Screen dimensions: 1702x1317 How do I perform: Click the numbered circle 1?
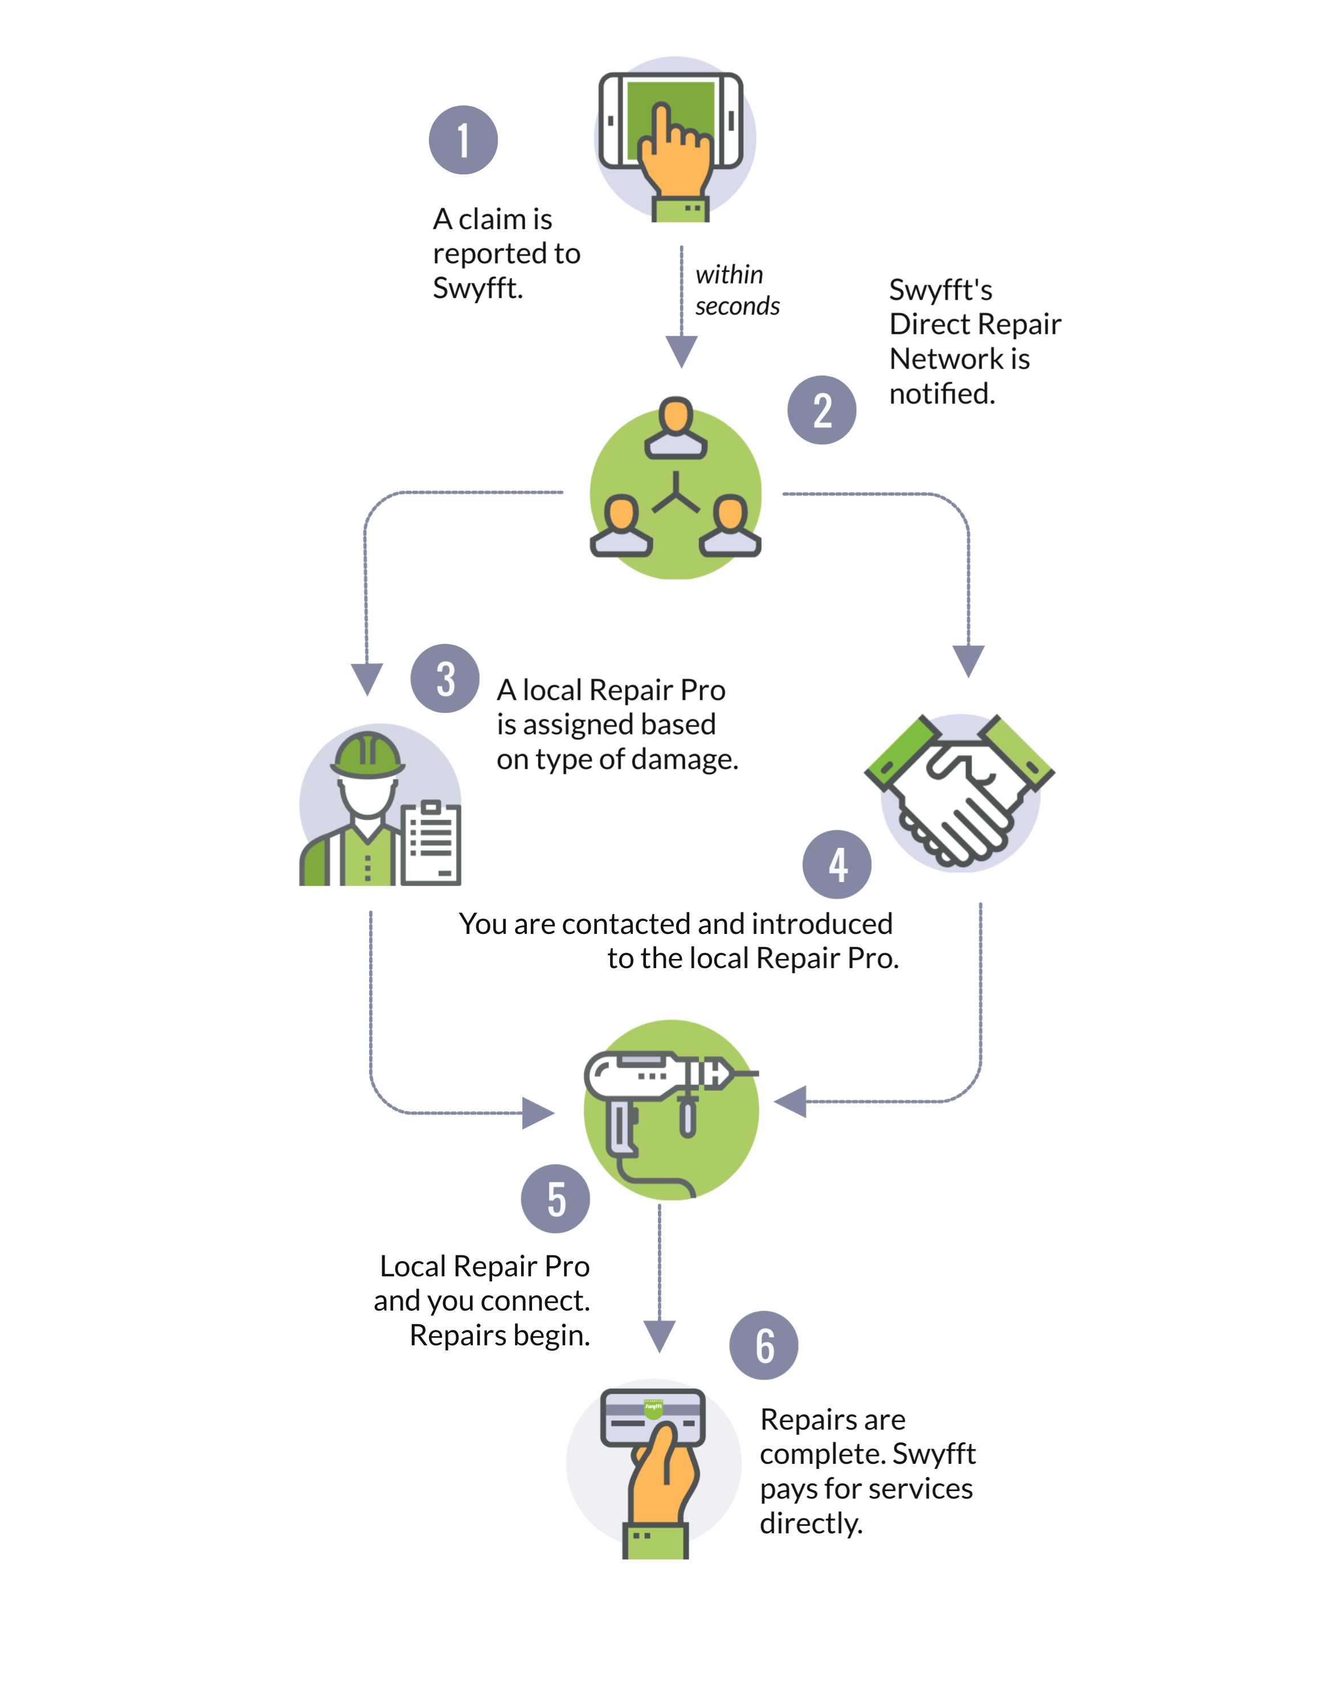click(463, 140)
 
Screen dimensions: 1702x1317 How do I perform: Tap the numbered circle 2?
click(821, 410)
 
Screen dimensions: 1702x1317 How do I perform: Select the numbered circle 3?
click(445, 678)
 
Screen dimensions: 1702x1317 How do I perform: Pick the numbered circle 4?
click(837, 864)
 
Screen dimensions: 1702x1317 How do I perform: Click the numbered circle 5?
click(555, 1198)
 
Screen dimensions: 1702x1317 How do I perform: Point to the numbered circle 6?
click(764, 1346)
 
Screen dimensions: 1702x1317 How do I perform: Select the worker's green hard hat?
click(368, 754)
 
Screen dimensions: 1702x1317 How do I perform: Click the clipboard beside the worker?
click(431, 842)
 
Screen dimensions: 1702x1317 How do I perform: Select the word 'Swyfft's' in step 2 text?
click(940, 290)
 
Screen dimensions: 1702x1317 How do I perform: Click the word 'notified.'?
click(942, 394)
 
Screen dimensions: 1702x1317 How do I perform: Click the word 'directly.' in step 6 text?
click(811, 1523)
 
